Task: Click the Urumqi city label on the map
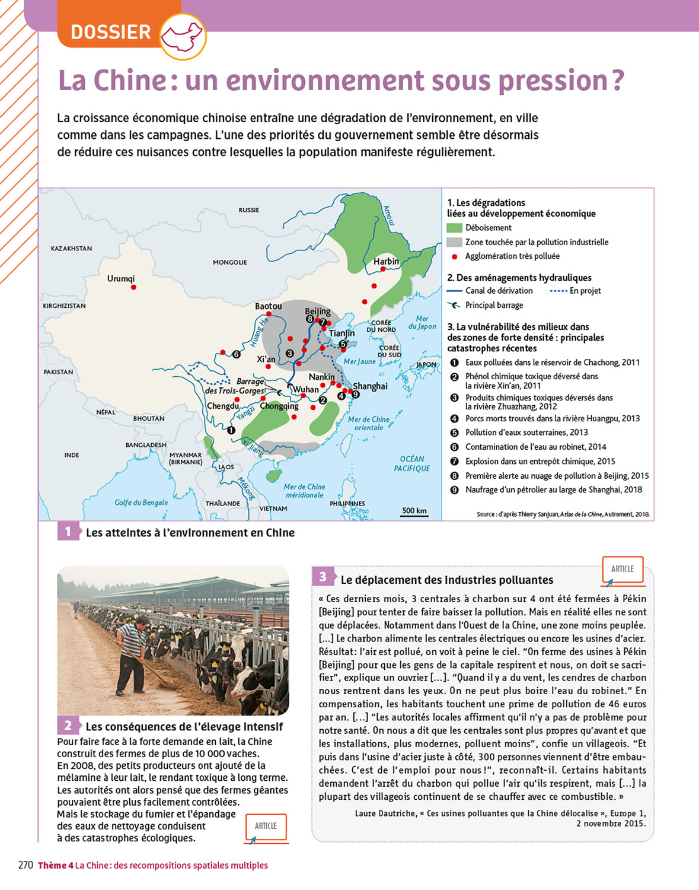(x=121, y=278)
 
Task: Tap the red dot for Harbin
(x=383, y=269)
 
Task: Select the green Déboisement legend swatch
(x=454, y=228)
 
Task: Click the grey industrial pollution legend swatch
(x=454, y=242)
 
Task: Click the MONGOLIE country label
(x=230, y=262)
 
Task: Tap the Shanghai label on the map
(x=371, y=386)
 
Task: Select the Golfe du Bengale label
(x=141, y=503)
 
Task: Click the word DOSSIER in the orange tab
(x=111, y=32)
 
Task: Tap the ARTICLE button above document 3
(x=623, y=569)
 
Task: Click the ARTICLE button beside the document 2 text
(x=266, y=826)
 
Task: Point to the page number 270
(x=25, y=865)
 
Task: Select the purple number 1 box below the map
(x=68, y=532)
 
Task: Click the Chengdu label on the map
(x=223, y=406)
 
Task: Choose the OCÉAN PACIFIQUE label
(x=412, y=463)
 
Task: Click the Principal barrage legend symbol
(x=454, y=305)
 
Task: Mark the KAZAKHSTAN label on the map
(x=71, y=249)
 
